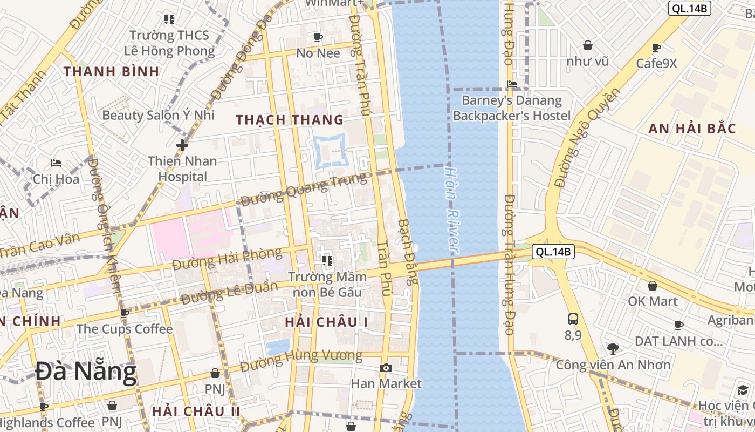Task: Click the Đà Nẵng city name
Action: (x=86, y=373)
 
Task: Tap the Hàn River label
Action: (x=451, y=210)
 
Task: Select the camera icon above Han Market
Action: (x=386, y=368)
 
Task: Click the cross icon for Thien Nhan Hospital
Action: (x=182, y=145)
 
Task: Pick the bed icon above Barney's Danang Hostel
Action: (x=512, y=84)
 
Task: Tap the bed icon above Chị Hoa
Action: (x=56, y=163)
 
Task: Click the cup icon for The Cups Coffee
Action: (x=125, y=313)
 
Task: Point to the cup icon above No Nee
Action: (x=318, y=37)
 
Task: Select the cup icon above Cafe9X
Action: (x=656, y=48)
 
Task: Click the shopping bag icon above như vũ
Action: (x=587, y=45)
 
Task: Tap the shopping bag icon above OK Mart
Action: (x=653, y=286)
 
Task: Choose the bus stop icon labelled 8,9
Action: (x=573, y=319)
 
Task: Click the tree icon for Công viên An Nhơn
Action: (x=613, y=348)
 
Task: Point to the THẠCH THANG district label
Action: (x=290, y=120)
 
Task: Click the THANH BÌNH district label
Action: (x=112, y=71)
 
